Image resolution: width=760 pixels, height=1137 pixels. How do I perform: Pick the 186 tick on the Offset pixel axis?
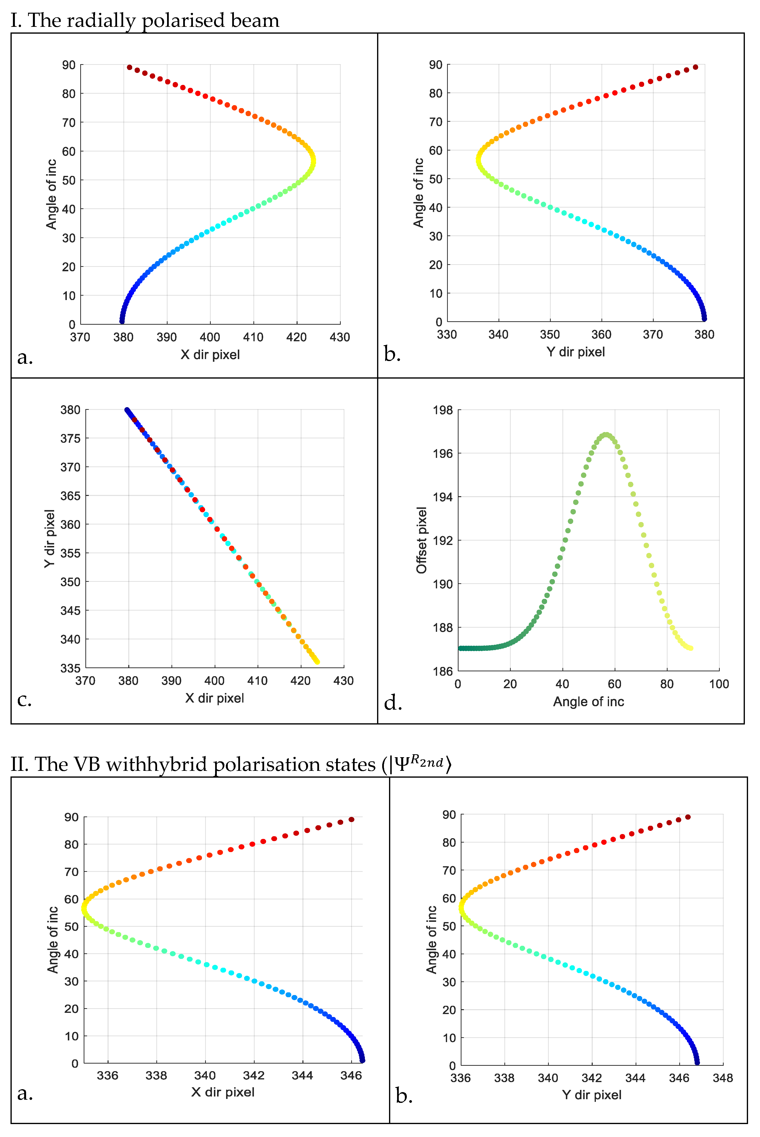pos(442,671)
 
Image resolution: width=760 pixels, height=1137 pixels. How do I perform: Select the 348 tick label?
pos(723,1078)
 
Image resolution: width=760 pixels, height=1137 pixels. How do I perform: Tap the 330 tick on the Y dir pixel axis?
pos(447,334)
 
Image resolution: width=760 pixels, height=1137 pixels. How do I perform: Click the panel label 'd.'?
pos(393,703)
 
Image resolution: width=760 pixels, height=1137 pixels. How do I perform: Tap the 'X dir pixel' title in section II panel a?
pos(223,1092)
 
